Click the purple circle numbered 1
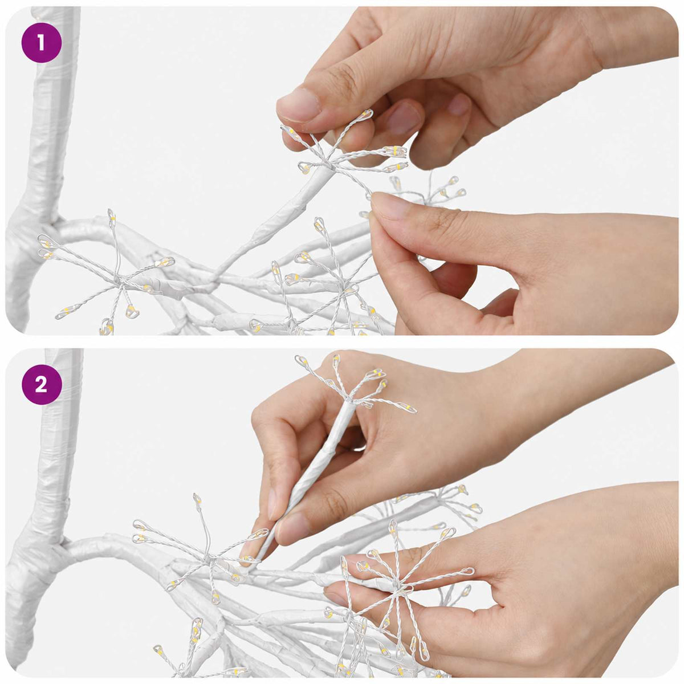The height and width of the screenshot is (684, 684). [42, 43]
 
